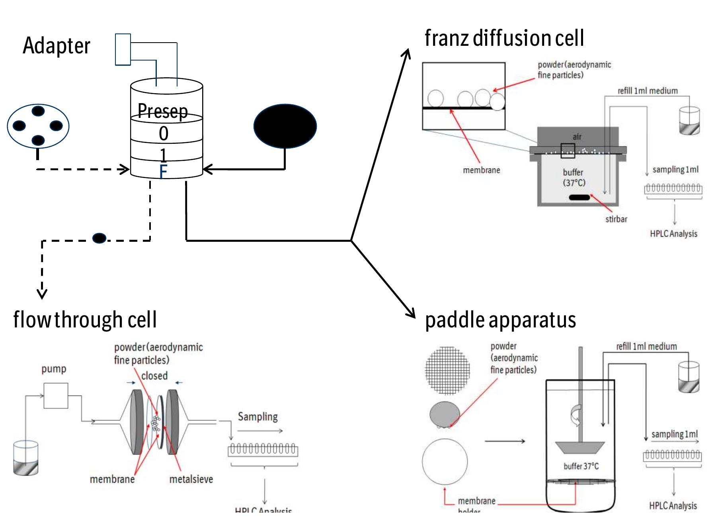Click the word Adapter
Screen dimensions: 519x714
(x=56, y=46)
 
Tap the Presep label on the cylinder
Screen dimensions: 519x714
(x=162, y=110)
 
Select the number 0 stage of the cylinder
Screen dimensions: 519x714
(x=164, y=133)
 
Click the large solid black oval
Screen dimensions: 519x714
(x=285, y=126)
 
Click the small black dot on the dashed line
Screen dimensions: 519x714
(x=99, y=238)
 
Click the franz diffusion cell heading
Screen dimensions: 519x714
(x=504, y=39)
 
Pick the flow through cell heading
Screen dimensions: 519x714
(x=85, y=319)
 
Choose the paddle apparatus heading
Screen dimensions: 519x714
(x=500, y=320)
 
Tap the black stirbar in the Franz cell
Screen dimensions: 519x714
(x=579, y=197)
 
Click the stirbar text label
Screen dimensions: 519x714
(x=616, y=219)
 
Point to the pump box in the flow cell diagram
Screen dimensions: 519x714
(x=56, y=396)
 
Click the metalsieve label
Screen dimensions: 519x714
(x=191, y=479)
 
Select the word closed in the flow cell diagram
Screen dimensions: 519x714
(x=154, y=376)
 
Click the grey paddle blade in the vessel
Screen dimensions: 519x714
(x=580, y=447)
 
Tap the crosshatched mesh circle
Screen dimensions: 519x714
(x=447, y=370)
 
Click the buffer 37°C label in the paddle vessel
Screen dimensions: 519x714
(x=581, y=466)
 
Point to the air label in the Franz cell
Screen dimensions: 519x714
(x=577, y=137)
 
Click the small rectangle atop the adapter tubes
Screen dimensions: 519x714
(x=123, y=49)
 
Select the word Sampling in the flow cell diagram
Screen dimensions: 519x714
(x=258, y=417)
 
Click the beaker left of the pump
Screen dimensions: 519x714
(x=26, y=458)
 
